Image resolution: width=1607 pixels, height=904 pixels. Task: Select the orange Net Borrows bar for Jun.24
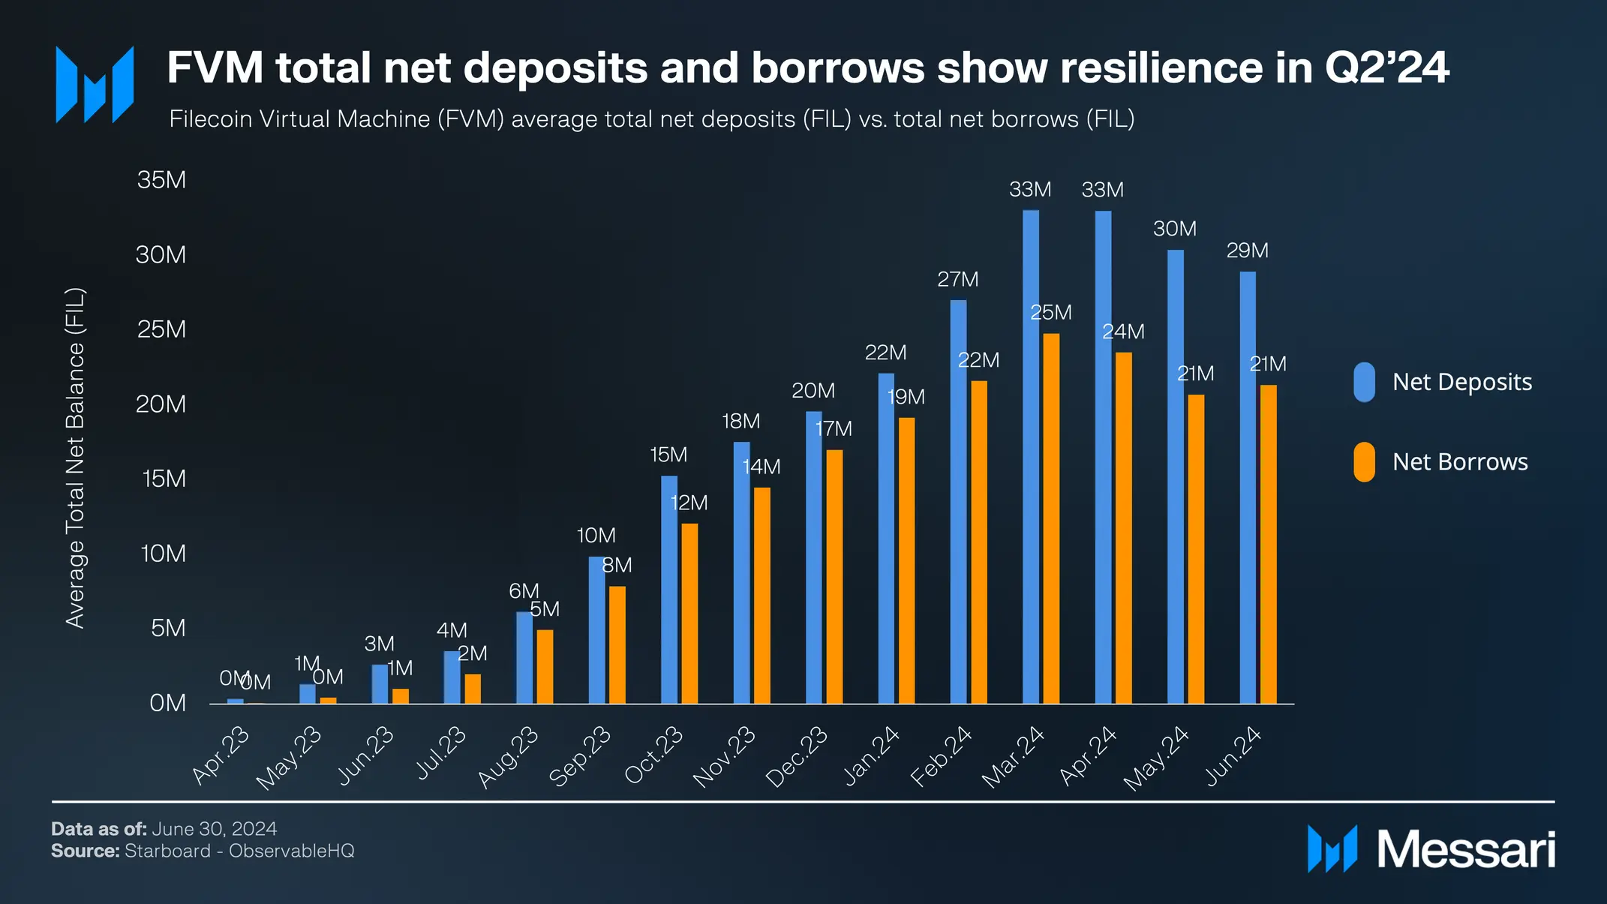pos(1268,544)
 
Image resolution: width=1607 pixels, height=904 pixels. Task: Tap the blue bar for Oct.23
pos(668,589)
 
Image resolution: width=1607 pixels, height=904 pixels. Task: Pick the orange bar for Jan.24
pos(906,560)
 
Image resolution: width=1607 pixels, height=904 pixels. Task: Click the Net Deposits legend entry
pos(1461,382)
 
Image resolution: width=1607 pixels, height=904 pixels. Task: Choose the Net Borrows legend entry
pos(1459,461)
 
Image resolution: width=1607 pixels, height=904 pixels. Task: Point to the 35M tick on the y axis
pos(161,180)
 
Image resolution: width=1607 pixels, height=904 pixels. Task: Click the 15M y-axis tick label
pos(164,479)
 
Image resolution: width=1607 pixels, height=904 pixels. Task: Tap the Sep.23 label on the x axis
pos(580,755)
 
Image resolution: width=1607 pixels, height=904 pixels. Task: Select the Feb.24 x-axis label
pos(941,755)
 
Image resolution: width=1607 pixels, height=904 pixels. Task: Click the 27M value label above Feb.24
pos(957,279)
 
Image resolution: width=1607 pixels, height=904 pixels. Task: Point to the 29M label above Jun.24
pos(1247,251)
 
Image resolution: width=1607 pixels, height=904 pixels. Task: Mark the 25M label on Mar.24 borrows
pos(1050,312)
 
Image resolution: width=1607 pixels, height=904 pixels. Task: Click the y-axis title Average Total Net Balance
pos(75,458)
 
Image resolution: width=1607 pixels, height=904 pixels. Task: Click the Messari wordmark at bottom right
pos(1466,850)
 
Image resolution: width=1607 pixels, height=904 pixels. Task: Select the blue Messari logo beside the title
pos(95,84)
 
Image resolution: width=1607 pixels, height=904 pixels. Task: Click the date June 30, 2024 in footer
pos(214,829)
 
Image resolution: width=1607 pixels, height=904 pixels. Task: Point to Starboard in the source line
pos(167,851)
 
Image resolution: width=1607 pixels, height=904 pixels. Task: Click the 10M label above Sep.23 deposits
pos(596,536)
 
